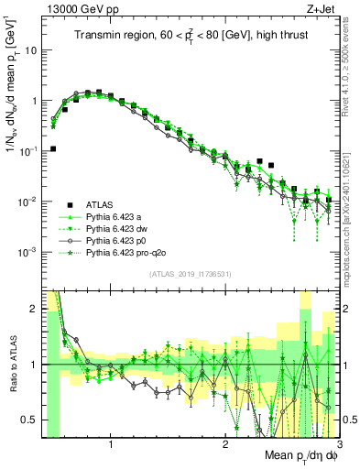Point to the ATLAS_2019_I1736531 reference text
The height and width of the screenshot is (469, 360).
coord(190,275)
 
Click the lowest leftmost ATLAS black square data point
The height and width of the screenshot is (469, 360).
coord(54,148)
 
